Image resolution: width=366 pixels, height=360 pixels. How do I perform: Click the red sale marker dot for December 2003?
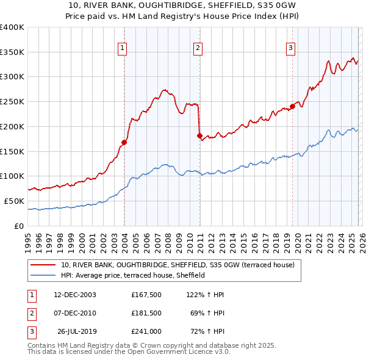coord(124,142)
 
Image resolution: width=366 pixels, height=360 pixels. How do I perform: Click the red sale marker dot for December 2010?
coord(199,135)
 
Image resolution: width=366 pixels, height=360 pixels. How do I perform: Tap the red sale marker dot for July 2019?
coord(292,106)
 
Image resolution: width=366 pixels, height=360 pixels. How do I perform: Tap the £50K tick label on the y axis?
coord(14,201)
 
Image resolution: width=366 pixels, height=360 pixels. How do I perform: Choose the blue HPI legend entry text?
coord(132,275)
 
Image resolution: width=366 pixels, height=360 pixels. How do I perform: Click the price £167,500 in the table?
coord(146,295)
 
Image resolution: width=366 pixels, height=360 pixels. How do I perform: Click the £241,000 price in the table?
coord(146,333)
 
